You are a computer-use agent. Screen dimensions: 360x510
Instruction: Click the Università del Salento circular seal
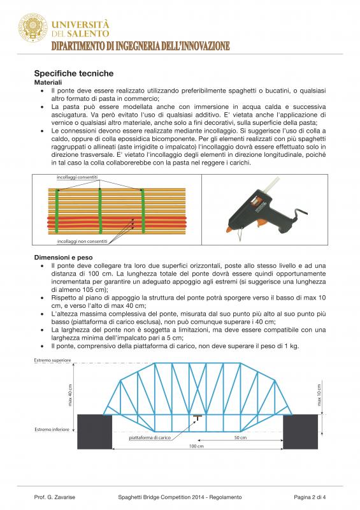[33, 28]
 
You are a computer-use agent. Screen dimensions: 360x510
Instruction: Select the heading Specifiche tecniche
[74, 73]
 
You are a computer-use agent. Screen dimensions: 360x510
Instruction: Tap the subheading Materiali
[48, 83]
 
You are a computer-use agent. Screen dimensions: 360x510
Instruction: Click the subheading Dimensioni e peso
[64, 258]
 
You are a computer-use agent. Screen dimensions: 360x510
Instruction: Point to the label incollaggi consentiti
[77, 177]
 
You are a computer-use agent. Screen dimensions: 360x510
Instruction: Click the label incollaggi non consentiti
[82, 242]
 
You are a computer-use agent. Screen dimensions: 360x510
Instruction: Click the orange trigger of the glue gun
[260, 223]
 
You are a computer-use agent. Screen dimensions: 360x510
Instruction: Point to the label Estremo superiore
[52, 360]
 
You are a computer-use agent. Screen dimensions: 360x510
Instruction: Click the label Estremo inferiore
[52, 429]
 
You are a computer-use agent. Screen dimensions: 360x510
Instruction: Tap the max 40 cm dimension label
[70, 395]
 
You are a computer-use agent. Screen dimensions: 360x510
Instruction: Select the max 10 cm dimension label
[319, 395]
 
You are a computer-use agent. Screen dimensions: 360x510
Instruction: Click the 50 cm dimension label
[240, 437]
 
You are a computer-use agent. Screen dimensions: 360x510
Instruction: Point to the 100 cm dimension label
[196, 446]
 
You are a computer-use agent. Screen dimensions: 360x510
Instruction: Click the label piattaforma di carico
[150, 437]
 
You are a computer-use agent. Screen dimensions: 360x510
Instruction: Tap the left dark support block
[95, 432]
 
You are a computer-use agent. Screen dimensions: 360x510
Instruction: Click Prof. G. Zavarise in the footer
[55, 497]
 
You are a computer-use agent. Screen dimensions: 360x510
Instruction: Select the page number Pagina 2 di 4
[310, 497]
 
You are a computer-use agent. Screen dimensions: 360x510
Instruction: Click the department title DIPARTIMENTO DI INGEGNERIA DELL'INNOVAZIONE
[140, 46]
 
